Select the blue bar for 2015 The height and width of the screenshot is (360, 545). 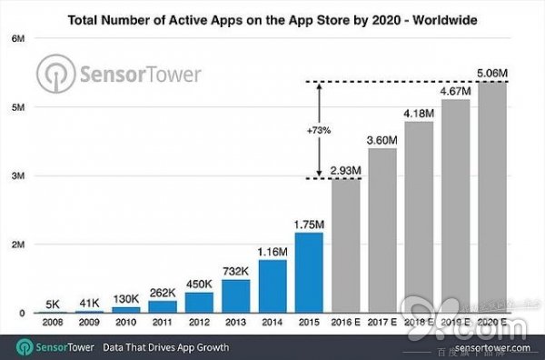tap(308, 272)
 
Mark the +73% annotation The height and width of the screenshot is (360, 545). tap(318, 129)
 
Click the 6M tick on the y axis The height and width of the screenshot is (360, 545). tap(18, 38)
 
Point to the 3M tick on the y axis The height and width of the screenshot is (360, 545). tap(18, 175)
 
